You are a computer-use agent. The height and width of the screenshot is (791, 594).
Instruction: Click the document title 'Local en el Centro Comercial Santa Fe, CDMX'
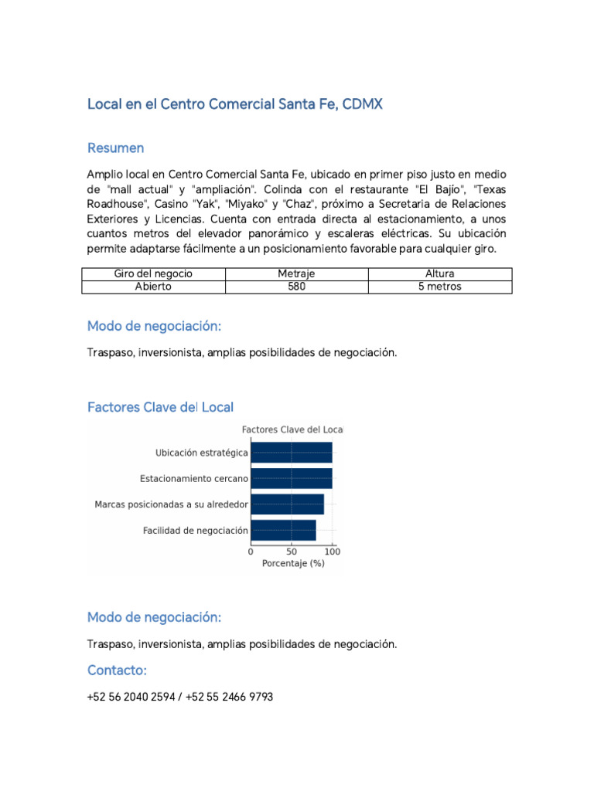(235, 104)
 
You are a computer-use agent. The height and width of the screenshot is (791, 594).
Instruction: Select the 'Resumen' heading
(115, 148)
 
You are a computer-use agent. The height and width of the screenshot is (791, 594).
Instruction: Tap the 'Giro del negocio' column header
(153, 273)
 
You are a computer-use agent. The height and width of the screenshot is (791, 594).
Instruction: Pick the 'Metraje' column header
(296, 273)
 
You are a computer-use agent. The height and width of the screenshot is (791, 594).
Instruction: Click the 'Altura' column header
(439, 273)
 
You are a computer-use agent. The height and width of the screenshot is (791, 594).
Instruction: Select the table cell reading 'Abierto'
(153, 287)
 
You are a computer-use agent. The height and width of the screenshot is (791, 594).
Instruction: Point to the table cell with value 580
(296, 287)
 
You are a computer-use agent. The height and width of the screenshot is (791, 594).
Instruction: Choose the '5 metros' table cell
(439, 287)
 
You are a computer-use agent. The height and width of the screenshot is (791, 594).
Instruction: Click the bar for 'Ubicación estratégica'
(292, 453)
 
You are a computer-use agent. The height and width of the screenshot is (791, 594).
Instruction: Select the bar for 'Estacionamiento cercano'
(292, 478)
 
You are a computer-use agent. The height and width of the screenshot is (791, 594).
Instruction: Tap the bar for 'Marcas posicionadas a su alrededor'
(287, 504)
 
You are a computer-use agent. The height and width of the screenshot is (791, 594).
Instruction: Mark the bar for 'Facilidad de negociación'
(283, 531)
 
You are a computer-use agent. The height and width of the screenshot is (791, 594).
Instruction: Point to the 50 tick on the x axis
(292, 552)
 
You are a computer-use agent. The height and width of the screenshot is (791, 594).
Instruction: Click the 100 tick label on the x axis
(333, 552)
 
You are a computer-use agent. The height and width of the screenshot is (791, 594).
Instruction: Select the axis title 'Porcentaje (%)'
(293, 564)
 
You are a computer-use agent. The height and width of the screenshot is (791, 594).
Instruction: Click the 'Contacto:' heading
(117, 670)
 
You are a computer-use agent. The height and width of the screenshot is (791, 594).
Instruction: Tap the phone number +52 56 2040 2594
(132, 697)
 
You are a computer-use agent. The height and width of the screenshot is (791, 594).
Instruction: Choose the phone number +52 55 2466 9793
(230, 697)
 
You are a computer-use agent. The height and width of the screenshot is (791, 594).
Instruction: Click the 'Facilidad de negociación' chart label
(196, 531)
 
